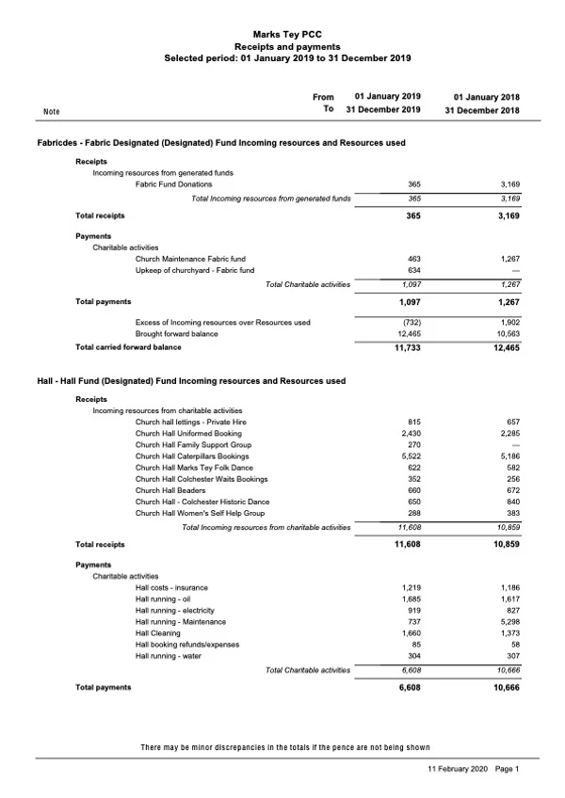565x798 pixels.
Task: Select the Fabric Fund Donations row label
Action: (174, 184)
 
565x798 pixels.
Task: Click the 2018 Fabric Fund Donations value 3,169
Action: (506, 184)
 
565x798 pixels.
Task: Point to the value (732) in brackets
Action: (408, 323)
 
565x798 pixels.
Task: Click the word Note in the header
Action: (52, 112)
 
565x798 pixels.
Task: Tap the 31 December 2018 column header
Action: (481, 110)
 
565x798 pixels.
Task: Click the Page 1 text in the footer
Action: (507, 769)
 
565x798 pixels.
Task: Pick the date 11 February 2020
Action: (458, 769)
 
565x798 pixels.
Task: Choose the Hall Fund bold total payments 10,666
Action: (501, 688)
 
